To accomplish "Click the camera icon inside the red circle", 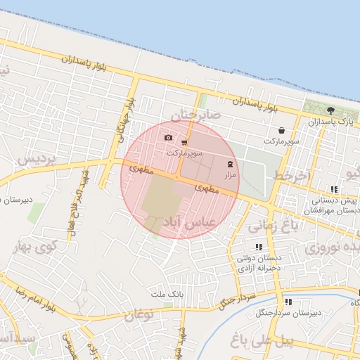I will point(167,138).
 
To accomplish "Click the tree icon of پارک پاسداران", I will point(330,110).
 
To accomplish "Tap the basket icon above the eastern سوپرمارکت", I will point(281,130).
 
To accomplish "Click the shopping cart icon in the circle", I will point(184,142).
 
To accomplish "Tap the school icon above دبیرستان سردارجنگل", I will point(289,302).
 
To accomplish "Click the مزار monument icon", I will point(231,163).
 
